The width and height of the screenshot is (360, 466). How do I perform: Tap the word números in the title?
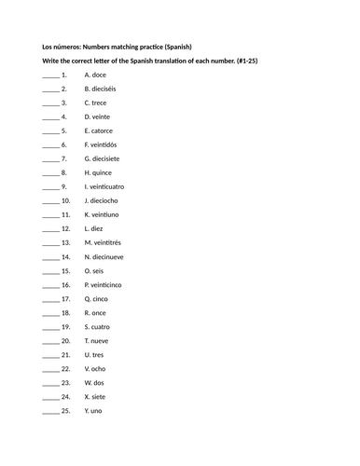[x=67, y=47]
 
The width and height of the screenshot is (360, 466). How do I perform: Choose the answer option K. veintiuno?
[x=104, y=214]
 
